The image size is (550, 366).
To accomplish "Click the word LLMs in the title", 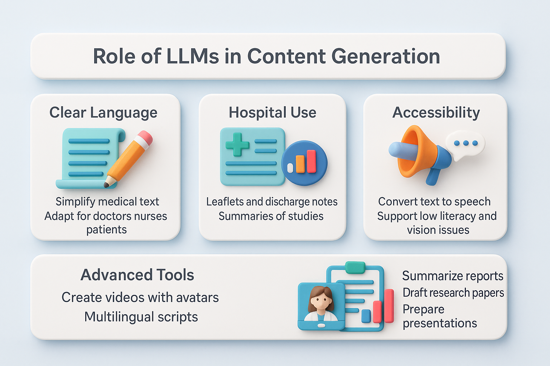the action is (x=193, y=56).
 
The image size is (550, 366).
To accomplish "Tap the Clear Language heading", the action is (x=103, y=113).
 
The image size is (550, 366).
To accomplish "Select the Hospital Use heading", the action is (x=272, y=113).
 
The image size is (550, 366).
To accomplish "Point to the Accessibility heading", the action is (x=436, y=113).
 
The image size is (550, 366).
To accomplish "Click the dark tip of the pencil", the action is (x=106, y=184).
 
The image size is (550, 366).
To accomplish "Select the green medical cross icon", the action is (x=237, y=145).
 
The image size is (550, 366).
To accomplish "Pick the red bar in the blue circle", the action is (x=311, y=161).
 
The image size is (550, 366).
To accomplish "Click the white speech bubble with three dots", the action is (x=465, y=145).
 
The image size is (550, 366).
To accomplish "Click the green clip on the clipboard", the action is (x=355, y=267).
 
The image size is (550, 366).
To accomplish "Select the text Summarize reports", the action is (x=453, y=276).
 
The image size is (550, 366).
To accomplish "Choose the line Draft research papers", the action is (x=453, y=293).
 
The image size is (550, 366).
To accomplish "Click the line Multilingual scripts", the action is (x=141, y=317).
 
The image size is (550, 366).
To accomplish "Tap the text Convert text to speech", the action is (x=434, y=202).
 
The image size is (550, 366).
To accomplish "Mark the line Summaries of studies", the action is (x=271, y=216).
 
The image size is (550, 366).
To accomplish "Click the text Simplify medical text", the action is (x=107, y=202).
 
